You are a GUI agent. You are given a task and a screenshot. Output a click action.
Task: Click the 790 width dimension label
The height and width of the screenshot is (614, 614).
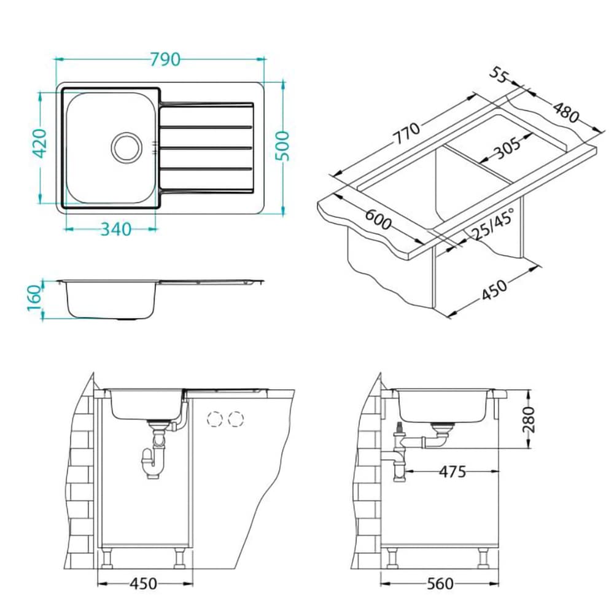tap(165, 60)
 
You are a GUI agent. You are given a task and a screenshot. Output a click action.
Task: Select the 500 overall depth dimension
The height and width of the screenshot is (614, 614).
tap(282, 146)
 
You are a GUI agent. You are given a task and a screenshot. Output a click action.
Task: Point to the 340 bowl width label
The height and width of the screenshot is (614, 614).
tap(116, 230)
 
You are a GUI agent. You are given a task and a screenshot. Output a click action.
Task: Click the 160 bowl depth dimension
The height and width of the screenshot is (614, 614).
tap(34, 297)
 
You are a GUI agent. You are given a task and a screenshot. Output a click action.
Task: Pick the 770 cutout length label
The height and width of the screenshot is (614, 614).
tap(406, 133)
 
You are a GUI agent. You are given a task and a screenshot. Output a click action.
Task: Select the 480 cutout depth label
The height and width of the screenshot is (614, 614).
tap(566, 112)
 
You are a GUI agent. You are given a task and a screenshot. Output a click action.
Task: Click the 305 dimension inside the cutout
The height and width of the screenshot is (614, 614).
tap(508, 148)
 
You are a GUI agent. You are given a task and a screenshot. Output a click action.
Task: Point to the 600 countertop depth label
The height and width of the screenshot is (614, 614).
tap(378, 220)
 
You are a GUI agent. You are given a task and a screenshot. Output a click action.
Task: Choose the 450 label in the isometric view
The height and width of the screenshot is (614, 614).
tap(494, 290)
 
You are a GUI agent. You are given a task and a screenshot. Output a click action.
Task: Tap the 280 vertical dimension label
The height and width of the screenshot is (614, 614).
tap(529, 419)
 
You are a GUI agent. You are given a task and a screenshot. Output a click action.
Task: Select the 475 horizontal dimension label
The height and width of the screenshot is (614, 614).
tap(453, 472)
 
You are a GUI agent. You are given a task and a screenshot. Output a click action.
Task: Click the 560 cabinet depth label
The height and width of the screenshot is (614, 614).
tap(440, 584)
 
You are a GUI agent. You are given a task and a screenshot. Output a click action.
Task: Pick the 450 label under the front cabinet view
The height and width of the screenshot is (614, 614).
tap(143, 584)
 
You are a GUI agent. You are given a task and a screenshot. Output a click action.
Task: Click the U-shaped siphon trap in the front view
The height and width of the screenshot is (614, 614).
tap(153, 463)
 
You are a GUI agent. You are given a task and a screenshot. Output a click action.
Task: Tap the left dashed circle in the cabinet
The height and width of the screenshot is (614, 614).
tap(214, 419)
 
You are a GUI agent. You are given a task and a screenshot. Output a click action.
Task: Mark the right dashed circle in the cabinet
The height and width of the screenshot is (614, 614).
tap(236, 419)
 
